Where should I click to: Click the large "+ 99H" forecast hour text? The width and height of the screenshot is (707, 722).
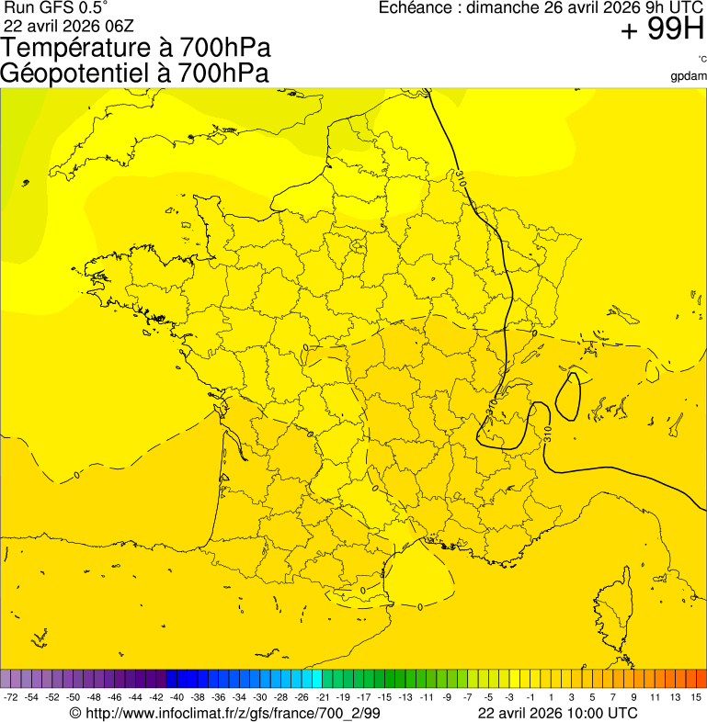point(662,30)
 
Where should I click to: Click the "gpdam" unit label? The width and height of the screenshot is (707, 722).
point(689,75)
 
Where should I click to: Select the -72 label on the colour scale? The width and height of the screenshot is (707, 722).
point(11,698)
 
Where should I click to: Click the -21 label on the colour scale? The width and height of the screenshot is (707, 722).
point(323,698)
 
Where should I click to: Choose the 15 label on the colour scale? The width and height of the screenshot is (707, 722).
point(696,698)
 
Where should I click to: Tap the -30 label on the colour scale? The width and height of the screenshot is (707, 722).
point(260,698)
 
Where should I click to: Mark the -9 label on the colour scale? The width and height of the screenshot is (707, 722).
point(447,698)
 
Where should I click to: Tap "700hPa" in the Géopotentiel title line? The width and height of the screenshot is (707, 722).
point(222,73)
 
